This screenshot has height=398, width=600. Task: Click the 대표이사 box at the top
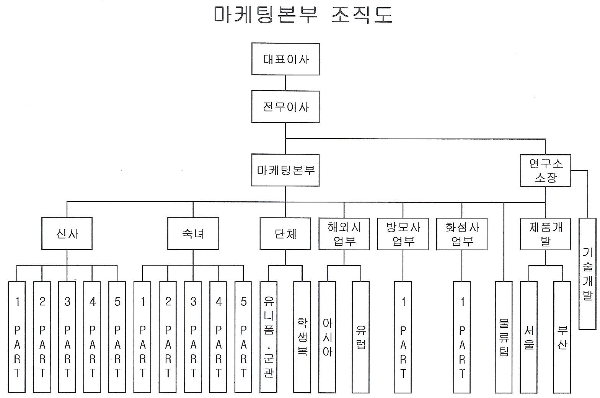(285, 59)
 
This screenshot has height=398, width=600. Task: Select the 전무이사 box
(285, 107)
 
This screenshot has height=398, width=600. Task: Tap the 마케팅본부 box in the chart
(285, 170)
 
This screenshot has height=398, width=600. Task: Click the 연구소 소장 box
(546, 170)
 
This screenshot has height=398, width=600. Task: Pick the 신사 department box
(67, 233)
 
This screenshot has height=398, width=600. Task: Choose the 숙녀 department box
(193, 233)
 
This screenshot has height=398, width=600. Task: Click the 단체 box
(285, 233)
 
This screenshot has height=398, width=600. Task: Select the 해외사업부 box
(344, 233)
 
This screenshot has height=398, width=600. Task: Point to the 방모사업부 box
(403, 233)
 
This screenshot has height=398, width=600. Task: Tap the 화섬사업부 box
(462, 233)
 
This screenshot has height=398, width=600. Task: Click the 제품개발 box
(546, 233)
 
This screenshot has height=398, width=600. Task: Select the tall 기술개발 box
(587, 274)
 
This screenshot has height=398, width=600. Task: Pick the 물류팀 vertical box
(504, 337)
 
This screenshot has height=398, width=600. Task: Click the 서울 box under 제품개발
(529, 337)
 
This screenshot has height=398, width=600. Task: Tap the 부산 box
(562, 337)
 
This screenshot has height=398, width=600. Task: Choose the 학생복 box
(302, 337)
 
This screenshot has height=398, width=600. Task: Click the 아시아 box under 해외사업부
(328, 337)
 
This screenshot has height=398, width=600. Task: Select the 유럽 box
(361, 337)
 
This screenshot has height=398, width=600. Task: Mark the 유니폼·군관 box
(269, 337)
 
